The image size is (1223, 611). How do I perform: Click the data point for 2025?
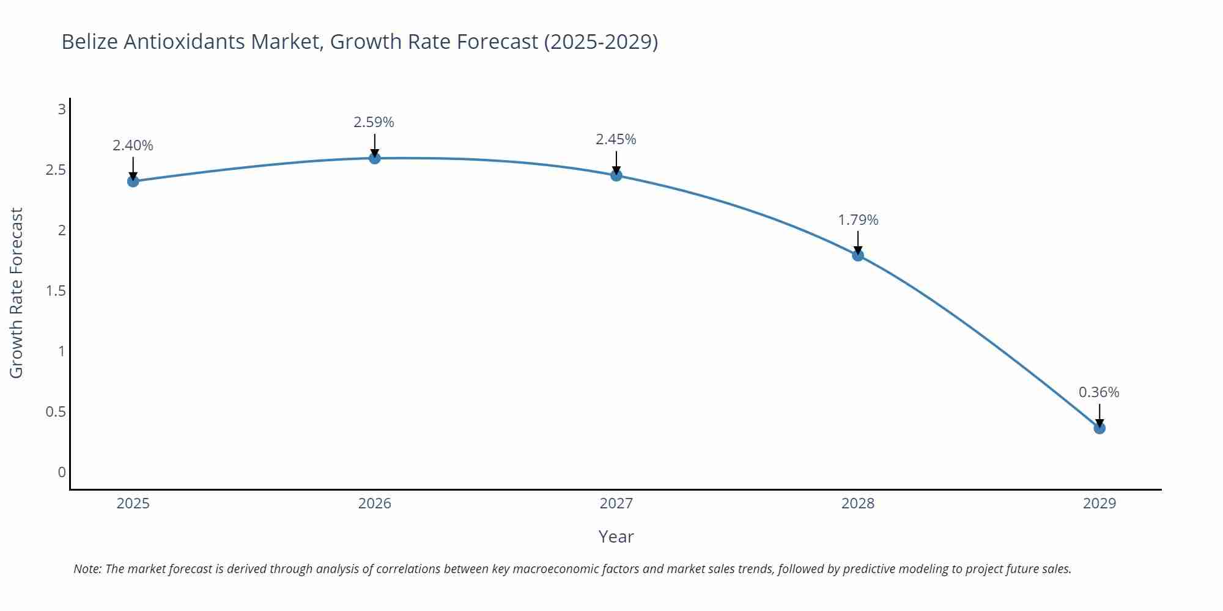133,181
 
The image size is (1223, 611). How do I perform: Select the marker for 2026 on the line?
375,158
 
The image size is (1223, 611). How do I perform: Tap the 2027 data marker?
616,175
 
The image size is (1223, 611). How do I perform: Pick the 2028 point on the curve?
858,255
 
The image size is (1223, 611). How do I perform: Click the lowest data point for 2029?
1099,428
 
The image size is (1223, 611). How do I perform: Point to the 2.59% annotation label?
374,122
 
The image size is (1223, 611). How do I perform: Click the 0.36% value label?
1099,392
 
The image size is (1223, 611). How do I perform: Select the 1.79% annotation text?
858,220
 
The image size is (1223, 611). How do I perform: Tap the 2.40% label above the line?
133,145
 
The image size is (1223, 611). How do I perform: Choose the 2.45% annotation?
616,139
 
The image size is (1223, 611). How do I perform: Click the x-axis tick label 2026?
374,503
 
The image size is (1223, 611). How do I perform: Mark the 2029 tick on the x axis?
1099,503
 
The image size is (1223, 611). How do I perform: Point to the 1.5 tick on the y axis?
56,291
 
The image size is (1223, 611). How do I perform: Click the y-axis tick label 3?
62,109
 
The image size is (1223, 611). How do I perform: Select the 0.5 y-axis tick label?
56,412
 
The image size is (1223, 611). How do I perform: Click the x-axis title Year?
616,536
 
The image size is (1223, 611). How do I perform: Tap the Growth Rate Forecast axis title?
17,293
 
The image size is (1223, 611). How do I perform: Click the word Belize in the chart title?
90,42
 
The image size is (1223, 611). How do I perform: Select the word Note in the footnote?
87,569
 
